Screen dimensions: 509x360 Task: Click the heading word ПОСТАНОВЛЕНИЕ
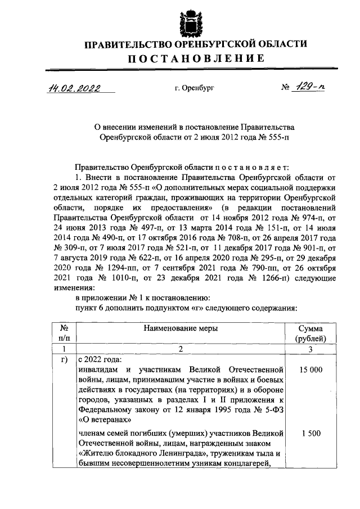(195, 58)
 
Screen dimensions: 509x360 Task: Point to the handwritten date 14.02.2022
(72, 88)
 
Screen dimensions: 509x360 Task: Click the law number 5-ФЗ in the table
(268, 410)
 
